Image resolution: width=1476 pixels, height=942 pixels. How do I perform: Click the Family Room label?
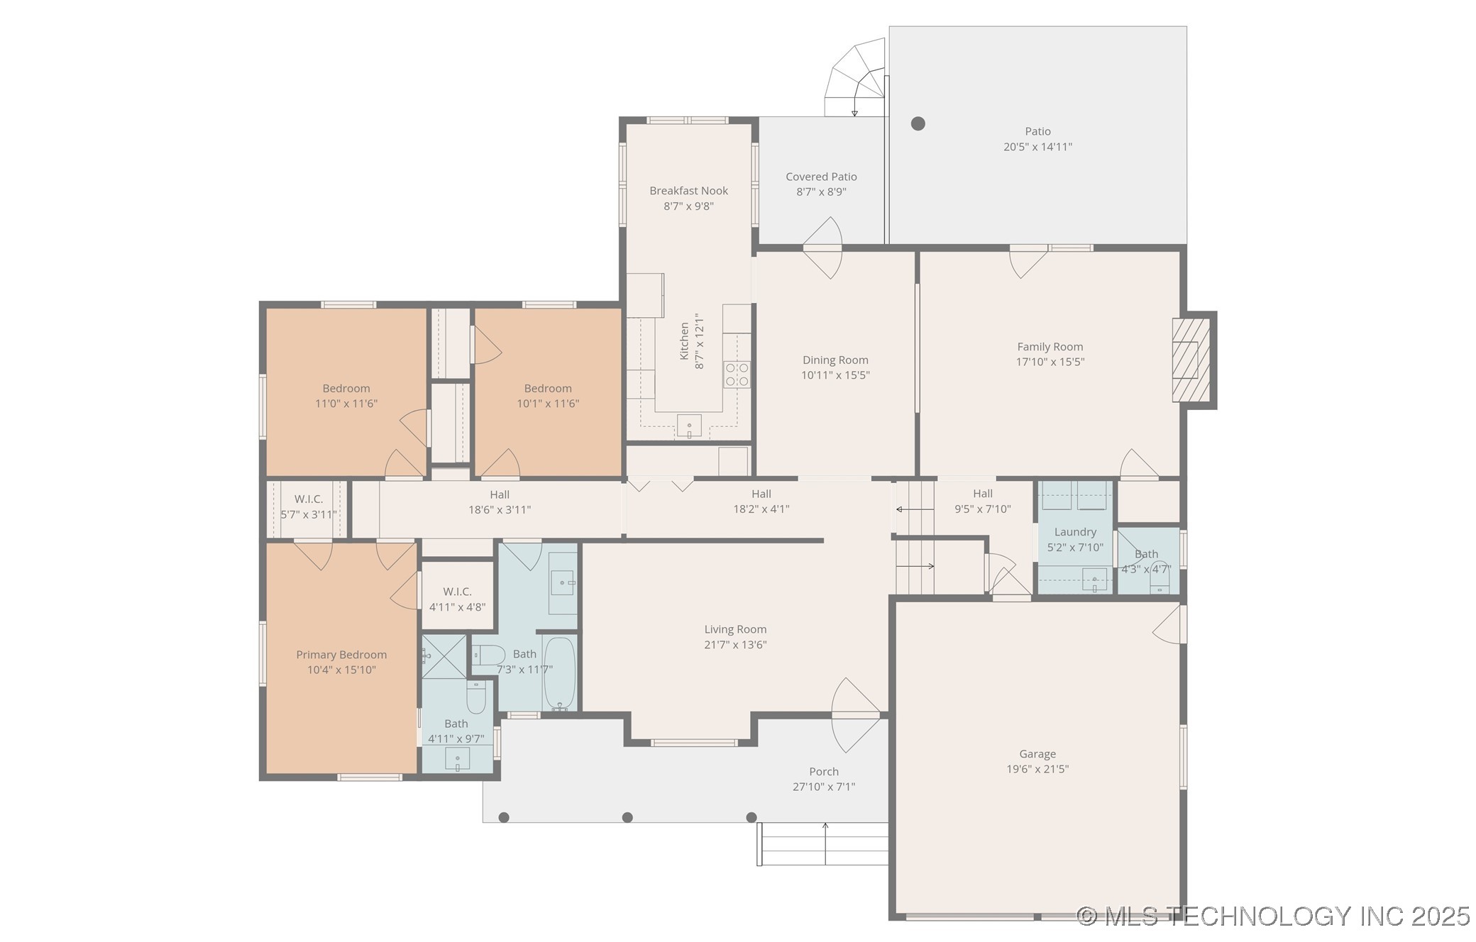click(1050, 347)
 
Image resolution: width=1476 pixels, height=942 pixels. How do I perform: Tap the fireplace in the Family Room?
click(1191, 360)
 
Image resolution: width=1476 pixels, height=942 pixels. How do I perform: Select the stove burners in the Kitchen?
click(737, 375)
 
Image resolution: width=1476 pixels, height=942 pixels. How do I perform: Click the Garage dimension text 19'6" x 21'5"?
click(1037, 769)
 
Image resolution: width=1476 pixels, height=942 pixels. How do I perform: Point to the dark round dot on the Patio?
click(918, 123)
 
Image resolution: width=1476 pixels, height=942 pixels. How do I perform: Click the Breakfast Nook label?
click(688, 191)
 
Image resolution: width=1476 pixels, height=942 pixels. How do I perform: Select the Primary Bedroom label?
click(341, 655)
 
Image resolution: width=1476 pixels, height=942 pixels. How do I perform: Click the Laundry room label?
click(1075, 532)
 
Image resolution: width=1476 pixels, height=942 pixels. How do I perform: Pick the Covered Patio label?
click(821, 177)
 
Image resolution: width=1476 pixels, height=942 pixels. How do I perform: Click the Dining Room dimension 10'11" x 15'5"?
click(835, 375)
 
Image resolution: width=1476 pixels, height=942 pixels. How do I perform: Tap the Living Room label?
click(735, 629)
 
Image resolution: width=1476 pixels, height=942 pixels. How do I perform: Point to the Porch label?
click(824, 772)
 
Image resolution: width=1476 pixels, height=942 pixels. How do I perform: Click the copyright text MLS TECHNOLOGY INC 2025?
click(1274, 916)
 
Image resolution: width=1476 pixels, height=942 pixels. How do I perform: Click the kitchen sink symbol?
click(689, 426)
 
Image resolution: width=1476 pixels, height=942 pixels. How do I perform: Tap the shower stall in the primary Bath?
click(444, 657)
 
